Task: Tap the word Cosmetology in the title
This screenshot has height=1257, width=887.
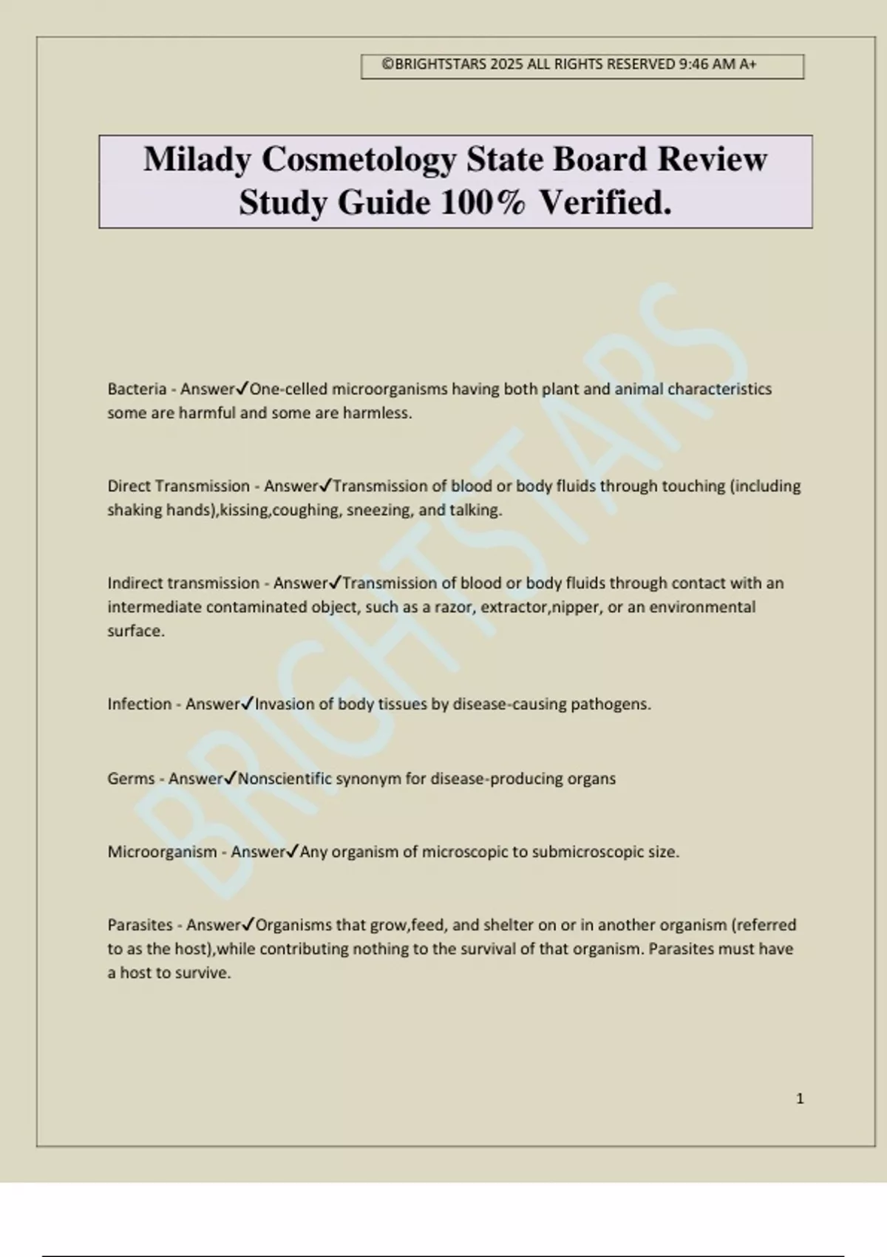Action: (x=358, y=159)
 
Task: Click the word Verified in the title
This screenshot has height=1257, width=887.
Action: (x=605, y=203)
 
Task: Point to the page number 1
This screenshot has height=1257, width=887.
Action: (x=800, y=1099)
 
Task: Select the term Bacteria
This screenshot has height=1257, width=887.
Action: (x=137, y=389)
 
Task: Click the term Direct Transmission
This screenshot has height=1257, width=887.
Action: (x=178, y=486)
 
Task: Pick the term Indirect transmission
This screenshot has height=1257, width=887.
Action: (x=183, y=583)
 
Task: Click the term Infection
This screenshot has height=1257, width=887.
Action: (x=139, y=704)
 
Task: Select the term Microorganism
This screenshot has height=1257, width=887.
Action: (x=162, y=852)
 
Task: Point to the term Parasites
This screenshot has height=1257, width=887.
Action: (x=140, y=925)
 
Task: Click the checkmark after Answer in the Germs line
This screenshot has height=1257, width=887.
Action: (x=231, y=778)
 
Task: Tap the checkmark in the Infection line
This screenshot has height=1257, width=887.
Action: (x=248, y=703)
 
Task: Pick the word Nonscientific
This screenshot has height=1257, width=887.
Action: (x=285, y=779)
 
